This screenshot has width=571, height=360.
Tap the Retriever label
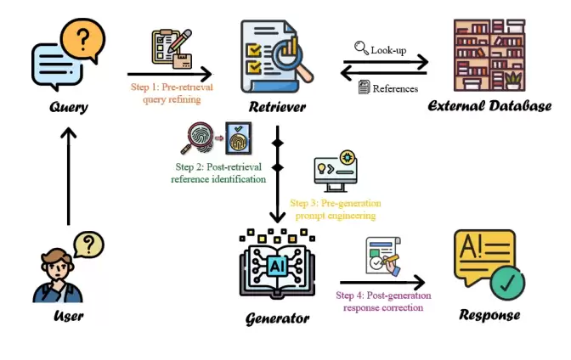click(x=277, y=108)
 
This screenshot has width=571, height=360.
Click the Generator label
click(x=276, y=318)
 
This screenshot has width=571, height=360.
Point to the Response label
click(x=489, y=315)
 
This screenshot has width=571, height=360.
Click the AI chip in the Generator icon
click(x=276, y=266)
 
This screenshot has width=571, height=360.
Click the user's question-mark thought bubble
click(x=88, y=245)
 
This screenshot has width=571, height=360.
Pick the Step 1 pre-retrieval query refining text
click(x=171, y=93)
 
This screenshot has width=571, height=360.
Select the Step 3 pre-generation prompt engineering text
click(x=336, y=209)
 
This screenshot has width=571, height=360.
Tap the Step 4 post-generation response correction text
click(x=379, y=301)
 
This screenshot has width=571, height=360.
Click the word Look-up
click(x=388, y=50)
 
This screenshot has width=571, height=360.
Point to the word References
click(x=396, y=87)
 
